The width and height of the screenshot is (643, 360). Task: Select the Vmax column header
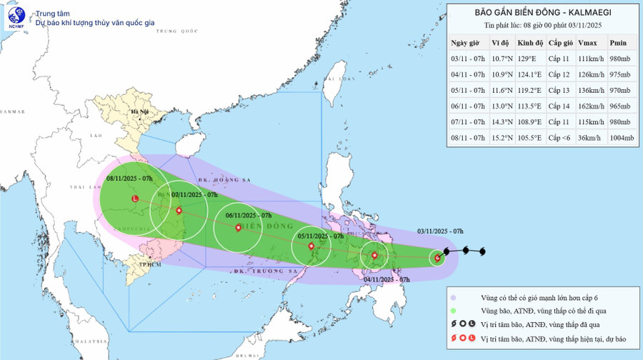point(587,44)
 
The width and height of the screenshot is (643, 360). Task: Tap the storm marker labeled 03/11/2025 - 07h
point(437,258)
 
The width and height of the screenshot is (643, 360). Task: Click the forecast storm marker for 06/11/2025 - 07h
point(238,228)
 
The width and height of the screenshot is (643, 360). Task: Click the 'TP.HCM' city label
point(149,264)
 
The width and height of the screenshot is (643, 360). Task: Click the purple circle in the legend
point(453,297)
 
